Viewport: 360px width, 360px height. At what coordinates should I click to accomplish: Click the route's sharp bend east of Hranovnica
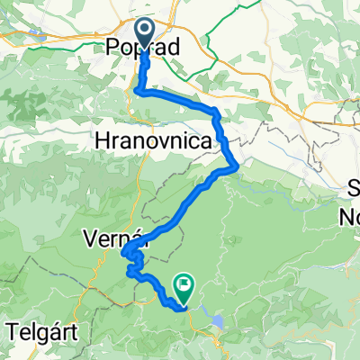point(236,165)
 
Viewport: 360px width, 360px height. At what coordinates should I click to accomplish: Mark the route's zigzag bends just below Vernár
point(132,265)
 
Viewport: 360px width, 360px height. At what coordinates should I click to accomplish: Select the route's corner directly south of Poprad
point(137,91)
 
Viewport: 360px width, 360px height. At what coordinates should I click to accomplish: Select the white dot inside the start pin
point(144,29)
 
